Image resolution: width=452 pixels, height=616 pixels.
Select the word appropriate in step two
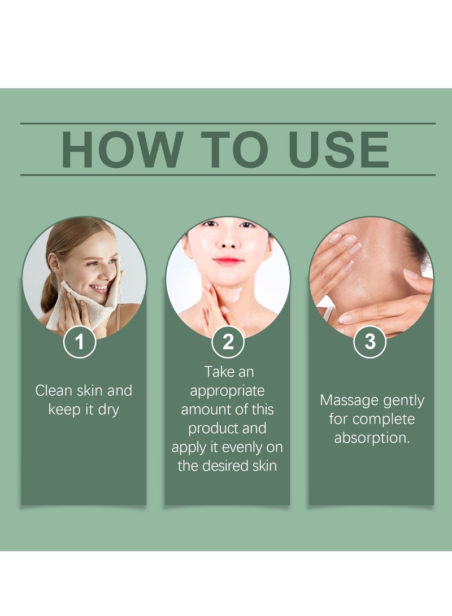pyautogui.click(x=227, y=391)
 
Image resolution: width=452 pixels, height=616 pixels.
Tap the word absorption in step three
pyautogui.click(x=371, y=438)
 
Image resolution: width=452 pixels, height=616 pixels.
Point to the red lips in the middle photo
pyautogui.click(x=228, y=260)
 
